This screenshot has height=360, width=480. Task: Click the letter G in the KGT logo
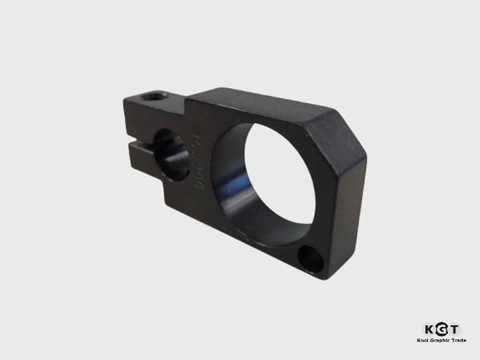coord(442,329)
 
